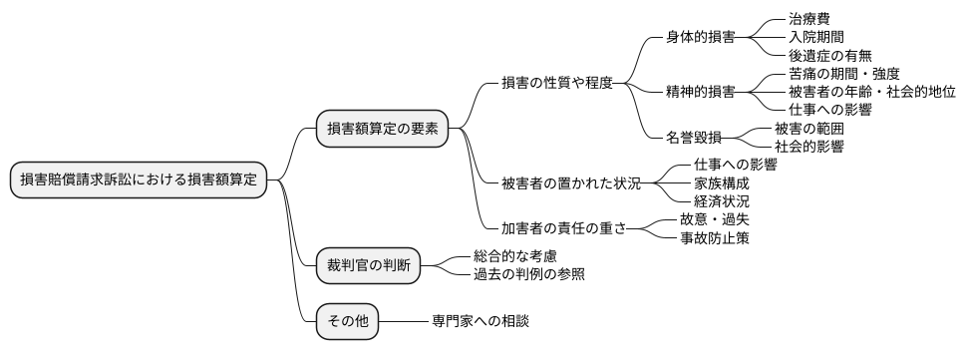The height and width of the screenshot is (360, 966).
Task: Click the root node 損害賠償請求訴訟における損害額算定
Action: [139, 180]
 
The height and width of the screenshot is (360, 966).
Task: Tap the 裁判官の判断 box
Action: [367, 265]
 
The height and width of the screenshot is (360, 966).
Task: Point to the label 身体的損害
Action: [700, 37]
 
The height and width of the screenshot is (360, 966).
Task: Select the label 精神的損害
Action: [700, 92]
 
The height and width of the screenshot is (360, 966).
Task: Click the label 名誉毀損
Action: [694, 137]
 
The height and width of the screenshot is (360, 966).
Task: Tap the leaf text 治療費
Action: [808, 19]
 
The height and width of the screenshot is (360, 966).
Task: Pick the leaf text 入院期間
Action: [815, 37]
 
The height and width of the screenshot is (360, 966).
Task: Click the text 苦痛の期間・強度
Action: [843, 73]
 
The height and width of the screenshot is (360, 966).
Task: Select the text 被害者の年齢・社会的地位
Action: [871, 92]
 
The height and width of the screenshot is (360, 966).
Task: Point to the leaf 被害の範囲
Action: [808, 128]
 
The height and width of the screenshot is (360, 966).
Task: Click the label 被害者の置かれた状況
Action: [571, 182]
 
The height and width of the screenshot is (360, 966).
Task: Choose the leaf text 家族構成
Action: [721, 182]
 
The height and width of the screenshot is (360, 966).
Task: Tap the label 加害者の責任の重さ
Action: [564, 228]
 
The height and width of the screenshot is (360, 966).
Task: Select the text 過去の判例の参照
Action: [528, 274]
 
